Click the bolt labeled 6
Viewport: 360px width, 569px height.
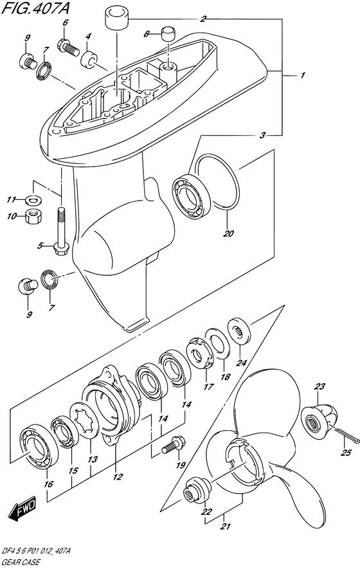tap(67, 46)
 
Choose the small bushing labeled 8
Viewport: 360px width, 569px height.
tap(168, 33)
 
